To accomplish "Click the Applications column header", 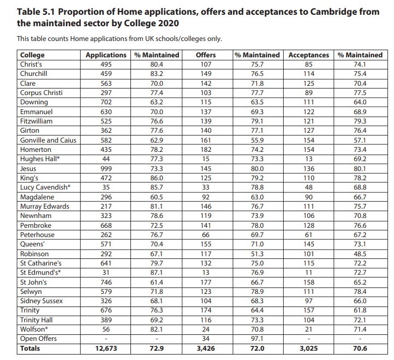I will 106,55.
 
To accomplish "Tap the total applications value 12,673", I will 106,347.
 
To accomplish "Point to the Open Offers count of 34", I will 206,338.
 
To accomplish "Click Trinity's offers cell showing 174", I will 206,310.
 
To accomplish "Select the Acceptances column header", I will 308,55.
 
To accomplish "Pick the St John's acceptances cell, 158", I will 308,282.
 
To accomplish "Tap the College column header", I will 32,55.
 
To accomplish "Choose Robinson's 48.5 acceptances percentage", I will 360,254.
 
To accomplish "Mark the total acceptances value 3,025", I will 308,347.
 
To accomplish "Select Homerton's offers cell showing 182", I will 206,149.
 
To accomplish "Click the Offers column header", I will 206,55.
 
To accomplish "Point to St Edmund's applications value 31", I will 106,273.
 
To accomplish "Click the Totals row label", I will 30,347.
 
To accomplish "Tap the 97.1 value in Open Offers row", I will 257,338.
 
